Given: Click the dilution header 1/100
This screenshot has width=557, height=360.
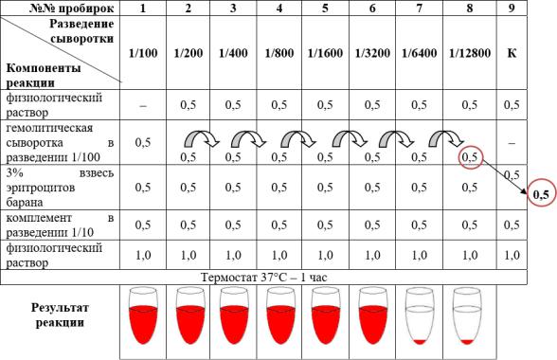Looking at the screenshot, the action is tap(143, 53).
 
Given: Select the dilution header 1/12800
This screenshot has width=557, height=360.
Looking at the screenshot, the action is tap(470, 53).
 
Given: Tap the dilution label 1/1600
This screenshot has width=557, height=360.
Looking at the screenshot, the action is tap(325, 53).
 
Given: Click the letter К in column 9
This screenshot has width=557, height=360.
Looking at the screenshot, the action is tap(512, 53).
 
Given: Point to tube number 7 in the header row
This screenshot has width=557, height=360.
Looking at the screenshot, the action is tap(419, 8).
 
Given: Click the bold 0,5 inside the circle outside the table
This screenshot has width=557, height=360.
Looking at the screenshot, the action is tap(541, 194).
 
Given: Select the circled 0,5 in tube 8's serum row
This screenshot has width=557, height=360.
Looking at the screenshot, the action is tap(470, 157).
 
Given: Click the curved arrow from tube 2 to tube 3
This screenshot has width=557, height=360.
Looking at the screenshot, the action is tap(202, 138).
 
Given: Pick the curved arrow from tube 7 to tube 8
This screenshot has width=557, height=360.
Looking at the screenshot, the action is tap(446, 138).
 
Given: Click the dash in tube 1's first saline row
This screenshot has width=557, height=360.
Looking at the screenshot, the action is tap(143, 105).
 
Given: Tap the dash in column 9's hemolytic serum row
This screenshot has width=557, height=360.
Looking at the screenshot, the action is tap(512, 143).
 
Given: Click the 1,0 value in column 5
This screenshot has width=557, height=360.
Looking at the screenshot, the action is tap(325, 255).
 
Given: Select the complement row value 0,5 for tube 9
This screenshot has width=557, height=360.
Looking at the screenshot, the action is tap(512, 225).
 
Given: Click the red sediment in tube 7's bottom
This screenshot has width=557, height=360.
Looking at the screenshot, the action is tap(420, 342).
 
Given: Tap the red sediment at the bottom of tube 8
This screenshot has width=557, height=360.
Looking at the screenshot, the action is tap(467, 342).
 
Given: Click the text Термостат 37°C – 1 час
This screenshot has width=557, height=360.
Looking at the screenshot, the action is tap(263, 278).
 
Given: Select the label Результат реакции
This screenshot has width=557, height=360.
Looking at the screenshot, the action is tap(60, 315).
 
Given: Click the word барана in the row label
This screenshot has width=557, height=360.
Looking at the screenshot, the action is tap(25, 203).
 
